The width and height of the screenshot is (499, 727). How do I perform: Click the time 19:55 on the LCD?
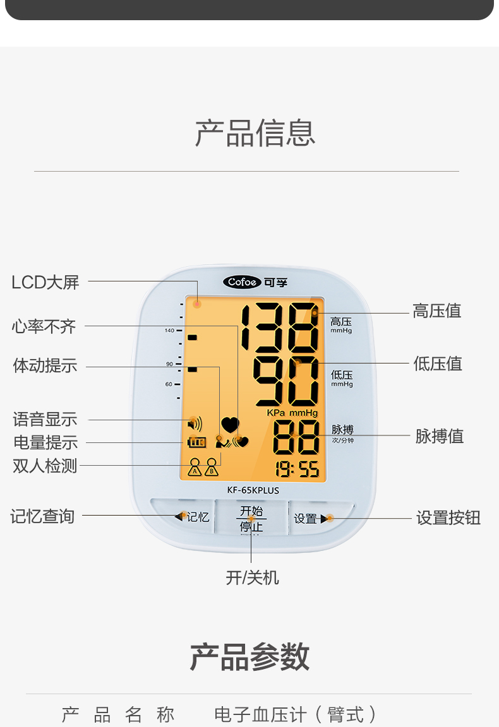click(x=297, y=469)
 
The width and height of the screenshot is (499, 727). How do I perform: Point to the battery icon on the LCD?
click(x=196, y=442)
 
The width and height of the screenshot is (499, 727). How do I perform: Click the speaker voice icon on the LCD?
click(x=195, y=423)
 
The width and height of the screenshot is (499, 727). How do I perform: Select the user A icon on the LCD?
click(x=195, y=466)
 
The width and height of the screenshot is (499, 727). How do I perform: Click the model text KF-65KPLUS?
click(x=253, y=490)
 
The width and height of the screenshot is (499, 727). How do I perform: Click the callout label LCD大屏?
click(x=45, y=282)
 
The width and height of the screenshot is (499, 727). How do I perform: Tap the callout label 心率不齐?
click(x=44, y=326)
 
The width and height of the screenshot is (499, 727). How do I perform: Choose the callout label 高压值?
click(x=437, y=310)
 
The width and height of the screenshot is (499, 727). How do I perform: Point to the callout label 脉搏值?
click(x=440, y=436)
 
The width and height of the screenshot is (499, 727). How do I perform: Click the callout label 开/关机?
click(x=252, y=577)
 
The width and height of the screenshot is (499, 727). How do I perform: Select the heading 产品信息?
click(x=255, y=133)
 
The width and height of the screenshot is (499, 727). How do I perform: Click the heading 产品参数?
click(x=249, y=657)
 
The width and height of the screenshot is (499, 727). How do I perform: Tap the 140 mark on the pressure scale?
click(x=169, y=331)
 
